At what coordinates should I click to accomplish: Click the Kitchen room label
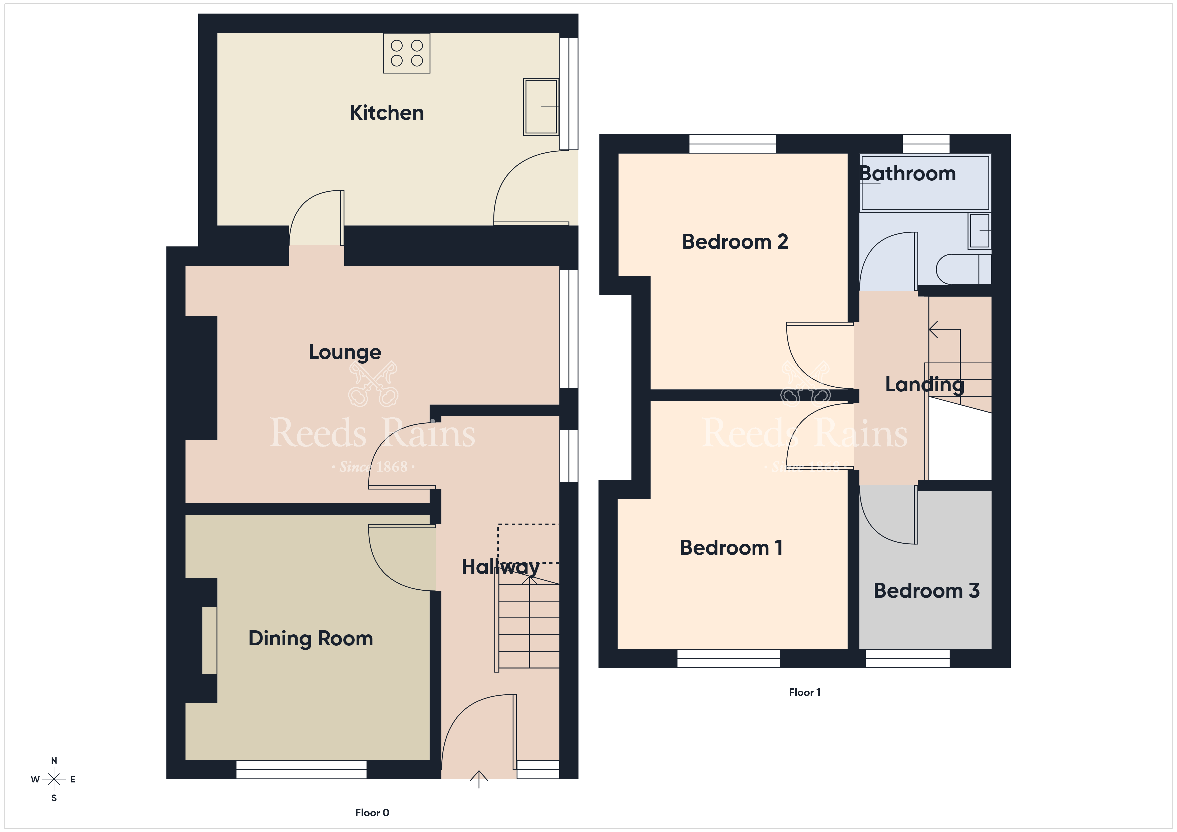[x=387, y=113]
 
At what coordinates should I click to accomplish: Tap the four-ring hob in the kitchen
[x=407, y=53]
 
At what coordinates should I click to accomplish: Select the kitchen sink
[x=541, y=107]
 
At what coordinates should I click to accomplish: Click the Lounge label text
[x=345, y=352]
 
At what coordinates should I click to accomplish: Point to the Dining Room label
[x=311, y=638]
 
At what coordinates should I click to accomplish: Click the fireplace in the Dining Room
[x=209, y=640]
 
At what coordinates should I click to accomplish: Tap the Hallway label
[x=500, y=567]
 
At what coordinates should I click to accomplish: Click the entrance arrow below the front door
[x=479, y=779]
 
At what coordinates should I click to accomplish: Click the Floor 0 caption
[x=372, y=813]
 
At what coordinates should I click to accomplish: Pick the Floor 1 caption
[x=804, y=692]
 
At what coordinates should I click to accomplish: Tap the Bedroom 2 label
[x=735, y=241]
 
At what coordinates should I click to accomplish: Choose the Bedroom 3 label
[x=926, y=591]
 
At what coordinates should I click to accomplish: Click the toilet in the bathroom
[x=963, y=269]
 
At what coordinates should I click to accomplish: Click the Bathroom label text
[x=907, y=174]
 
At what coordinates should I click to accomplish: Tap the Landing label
[x=925, y=385]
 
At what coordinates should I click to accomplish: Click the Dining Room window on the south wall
[x=302, y=769]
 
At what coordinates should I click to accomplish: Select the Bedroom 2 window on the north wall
[x=733, y=144]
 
